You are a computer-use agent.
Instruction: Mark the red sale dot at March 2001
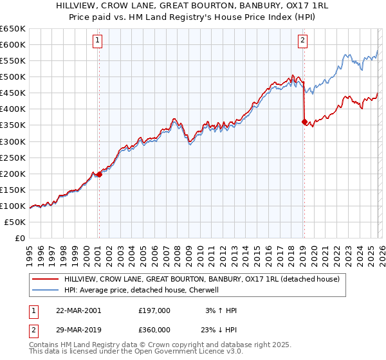99,174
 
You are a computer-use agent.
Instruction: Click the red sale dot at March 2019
304,122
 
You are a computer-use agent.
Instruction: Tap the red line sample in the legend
44,279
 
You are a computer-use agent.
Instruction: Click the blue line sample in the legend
44,290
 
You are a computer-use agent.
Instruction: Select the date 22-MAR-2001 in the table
78,310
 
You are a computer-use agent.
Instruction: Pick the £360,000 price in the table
154,329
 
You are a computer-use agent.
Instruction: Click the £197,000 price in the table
154,310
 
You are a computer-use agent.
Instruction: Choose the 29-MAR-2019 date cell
78,329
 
